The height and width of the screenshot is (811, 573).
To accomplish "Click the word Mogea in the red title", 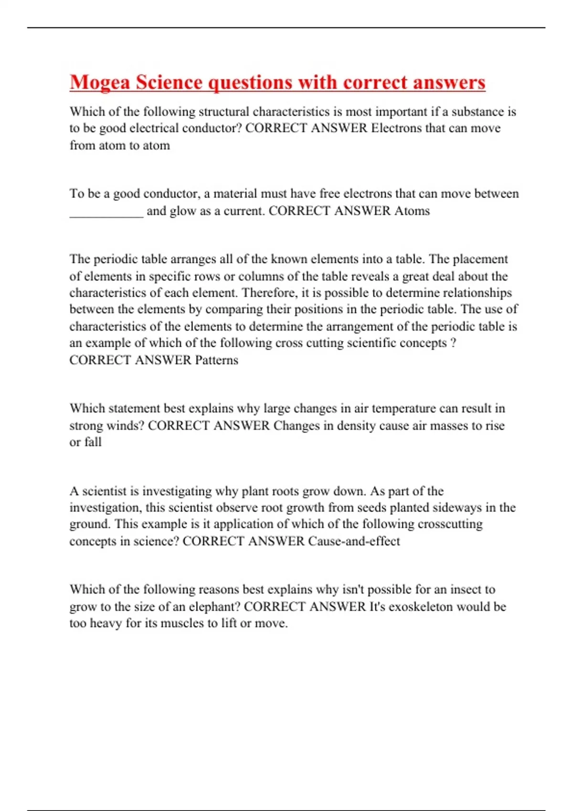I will click(99, 82).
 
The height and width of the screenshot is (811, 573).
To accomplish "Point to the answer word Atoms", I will click(412, 211).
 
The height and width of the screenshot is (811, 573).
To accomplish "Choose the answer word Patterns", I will click(216, 360).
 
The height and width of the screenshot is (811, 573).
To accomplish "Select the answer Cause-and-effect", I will click(354, 541).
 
